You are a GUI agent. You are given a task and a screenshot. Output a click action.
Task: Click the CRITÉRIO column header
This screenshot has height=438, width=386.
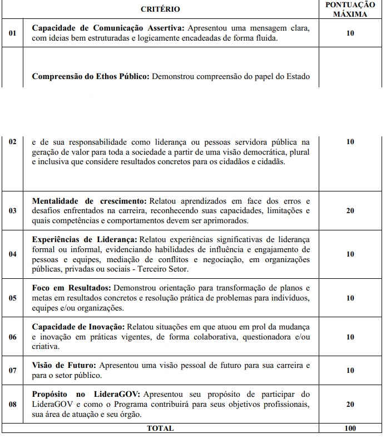(160, 9)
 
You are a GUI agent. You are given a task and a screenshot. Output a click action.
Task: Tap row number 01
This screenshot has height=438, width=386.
(12, 33)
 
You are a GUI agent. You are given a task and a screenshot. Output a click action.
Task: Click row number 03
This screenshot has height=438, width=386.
(12, 211)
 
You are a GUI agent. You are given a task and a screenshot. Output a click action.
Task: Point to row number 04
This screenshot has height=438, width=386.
(12, 254)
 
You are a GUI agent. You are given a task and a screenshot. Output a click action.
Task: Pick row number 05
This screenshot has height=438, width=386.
(12, 298)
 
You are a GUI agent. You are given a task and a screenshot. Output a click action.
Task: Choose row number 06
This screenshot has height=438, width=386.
(12, 337)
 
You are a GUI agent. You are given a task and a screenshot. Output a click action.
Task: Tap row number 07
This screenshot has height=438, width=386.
(12, 371)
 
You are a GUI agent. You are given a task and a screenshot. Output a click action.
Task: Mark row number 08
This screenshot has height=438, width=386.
(12, 405)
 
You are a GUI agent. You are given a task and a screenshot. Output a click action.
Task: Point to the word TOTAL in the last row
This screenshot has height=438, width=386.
(160, 428)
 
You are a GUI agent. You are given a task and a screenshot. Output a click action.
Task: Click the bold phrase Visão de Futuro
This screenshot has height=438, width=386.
(64, 365)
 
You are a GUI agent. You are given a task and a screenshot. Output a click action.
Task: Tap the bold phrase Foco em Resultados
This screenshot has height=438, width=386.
(71, 288)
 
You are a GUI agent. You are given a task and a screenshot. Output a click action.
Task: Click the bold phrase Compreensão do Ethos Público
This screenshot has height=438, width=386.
(91, 76)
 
